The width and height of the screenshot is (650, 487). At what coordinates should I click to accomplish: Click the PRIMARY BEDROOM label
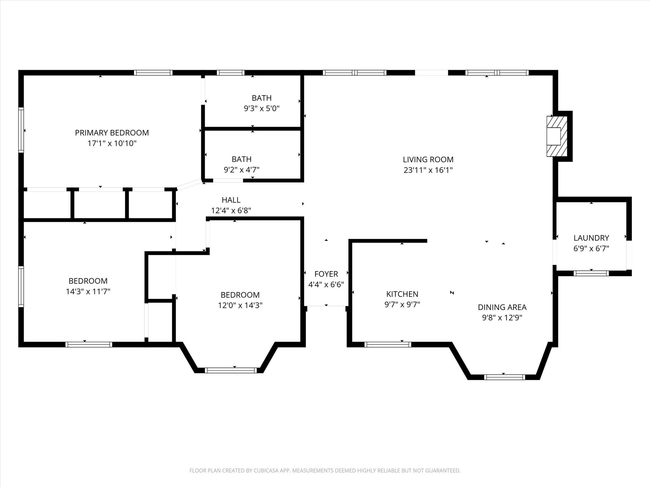[112, 133]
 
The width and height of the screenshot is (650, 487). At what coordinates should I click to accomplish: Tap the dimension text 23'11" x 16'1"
[428, 170]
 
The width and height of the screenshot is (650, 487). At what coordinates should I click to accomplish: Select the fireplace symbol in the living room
[557, 136]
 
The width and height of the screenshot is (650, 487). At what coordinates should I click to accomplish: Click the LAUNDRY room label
[591, 238]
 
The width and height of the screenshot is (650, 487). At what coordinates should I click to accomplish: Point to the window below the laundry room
[591, 273]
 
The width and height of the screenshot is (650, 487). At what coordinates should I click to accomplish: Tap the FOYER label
[326, 274]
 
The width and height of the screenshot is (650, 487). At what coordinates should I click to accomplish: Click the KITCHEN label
[402, 294]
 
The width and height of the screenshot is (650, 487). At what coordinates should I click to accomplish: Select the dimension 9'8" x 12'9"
[502, 318]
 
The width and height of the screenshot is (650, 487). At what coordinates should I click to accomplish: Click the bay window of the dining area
[504, 377]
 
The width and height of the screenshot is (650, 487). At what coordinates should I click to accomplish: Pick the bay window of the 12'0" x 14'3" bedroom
[231, 370]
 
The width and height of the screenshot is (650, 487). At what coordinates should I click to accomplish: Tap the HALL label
[231, 200]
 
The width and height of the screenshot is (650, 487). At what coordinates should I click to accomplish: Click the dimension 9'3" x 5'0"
[262, 109]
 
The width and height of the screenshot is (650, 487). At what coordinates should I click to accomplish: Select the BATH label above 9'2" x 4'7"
[242, 159]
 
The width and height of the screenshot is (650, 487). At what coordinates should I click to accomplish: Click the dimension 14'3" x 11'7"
[88, 292]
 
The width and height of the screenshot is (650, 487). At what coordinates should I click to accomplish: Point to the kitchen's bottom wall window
[388, 345]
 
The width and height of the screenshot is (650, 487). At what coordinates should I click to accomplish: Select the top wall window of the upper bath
[231, 73]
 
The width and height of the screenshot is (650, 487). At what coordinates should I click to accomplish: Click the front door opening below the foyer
[326, 306]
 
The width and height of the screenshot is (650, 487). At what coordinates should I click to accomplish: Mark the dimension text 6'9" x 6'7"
[591, 249]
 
